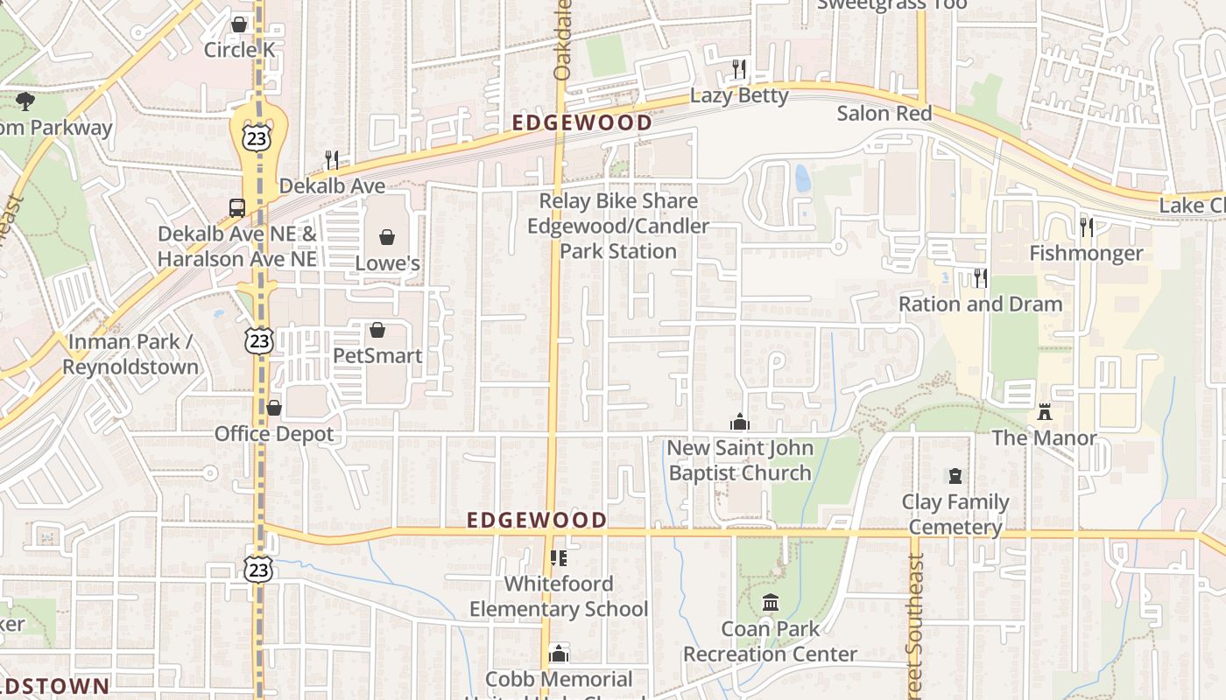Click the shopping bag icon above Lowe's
[x=386, y=236]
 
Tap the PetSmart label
[x=377, y=355]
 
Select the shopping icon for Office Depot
[x=274, y=408]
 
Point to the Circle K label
[x=239, y=50]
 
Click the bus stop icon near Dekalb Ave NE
[x=237, y=208]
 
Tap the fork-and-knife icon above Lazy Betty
[x=740, y=69]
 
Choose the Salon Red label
[x=884, y=113]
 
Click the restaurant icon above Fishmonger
[x=1087, y=227]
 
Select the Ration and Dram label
[x=981, y=304]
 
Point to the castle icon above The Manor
[x=1044, y=411]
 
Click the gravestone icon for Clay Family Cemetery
[x=955, y=476]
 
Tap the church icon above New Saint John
[x=740, y=422]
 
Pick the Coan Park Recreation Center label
[x=771, y=641]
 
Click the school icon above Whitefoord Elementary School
[x=559, y=557]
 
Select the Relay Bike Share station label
[x=618, y=226]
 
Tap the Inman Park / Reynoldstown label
[x=130, y=354]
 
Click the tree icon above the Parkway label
[x=25, y=101]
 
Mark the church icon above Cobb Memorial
[x=559, y=654]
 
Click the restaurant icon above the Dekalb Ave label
[x=332, y=159]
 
